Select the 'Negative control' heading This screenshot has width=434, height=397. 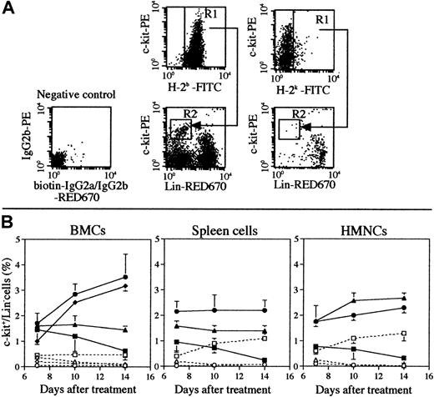pyautogui.click(x=63, y=92)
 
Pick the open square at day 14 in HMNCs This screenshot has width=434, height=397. pyautogui.click(x=405, y=334)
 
